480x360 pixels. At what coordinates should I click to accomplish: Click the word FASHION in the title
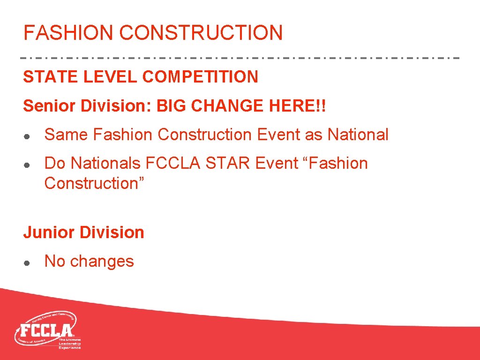[x=68, y=33]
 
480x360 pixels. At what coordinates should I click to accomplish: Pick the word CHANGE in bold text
[x=227, y=106]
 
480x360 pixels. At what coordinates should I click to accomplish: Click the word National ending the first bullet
[x=358, y=135]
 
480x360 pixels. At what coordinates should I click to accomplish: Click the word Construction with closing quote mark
[x=94, y=183]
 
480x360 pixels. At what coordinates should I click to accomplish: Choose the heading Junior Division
[x=83, y=232]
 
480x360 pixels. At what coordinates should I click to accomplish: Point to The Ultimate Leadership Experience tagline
[x=69, y=343]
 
